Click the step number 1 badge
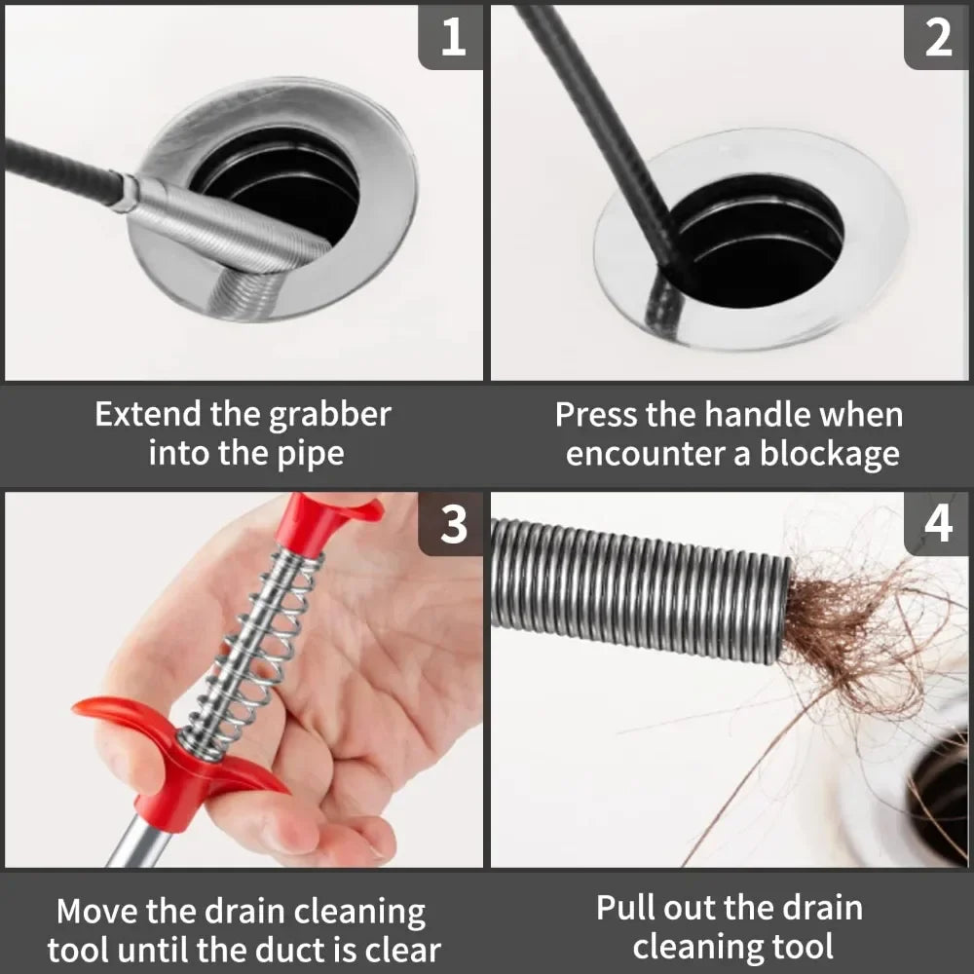click(x=451, y=37)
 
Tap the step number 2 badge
click(x=937, y=37)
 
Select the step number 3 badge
click(x=451, y=524)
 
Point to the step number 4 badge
click(x=937, y=524)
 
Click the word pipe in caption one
click(x=310, y=454)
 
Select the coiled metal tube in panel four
click(x=633, y=589)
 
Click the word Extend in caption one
click(x=148, y=415)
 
